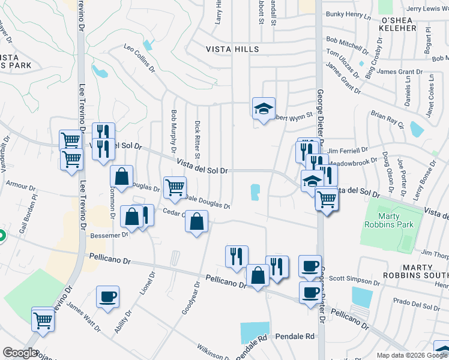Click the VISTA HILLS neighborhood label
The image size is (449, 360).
click(233, 49)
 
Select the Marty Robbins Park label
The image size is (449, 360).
click(388, 220)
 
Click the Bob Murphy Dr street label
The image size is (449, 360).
click(174, 131)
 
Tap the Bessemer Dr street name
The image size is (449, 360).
click(109, 235)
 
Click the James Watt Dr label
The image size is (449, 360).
click(84, 316)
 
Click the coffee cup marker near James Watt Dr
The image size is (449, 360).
click(107, 296)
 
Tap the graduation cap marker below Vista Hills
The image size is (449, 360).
click(264, 108)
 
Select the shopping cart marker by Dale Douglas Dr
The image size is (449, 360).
click(175, 187)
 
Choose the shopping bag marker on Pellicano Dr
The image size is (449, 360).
click(258, 275)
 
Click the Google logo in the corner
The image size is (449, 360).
click(20, 353)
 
